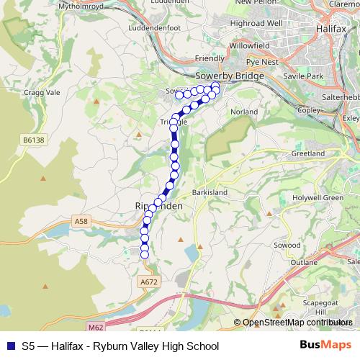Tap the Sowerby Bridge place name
(226, 75)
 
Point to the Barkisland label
(210, 193)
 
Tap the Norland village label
(243, 112)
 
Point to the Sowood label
(287, 246)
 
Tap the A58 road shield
(81, 224)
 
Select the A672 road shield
(150, 282)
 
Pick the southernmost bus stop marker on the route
(144, 253)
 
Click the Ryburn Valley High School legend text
(159, 346)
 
